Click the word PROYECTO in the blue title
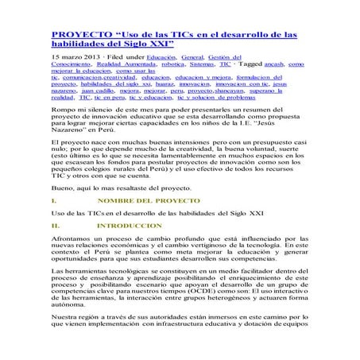80,36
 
